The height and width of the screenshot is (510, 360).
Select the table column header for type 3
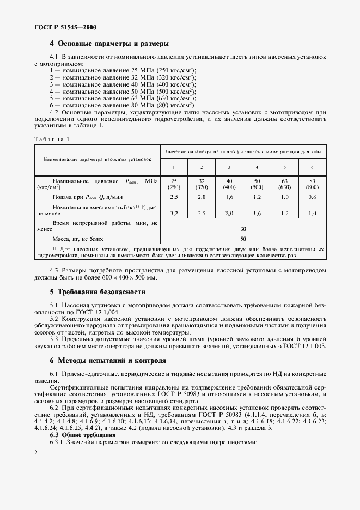point(229,167)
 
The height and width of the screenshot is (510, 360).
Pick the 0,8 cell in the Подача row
point(312,196)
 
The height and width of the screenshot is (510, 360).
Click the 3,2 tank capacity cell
point(174,213)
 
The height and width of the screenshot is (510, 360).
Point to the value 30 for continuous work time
point(243,228)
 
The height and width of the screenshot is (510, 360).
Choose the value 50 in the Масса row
point(243,239)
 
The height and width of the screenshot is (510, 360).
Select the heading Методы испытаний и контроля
point(113,361)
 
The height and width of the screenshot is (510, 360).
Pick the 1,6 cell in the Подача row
point(229,196)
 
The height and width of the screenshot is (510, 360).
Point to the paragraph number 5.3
point(55,338)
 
